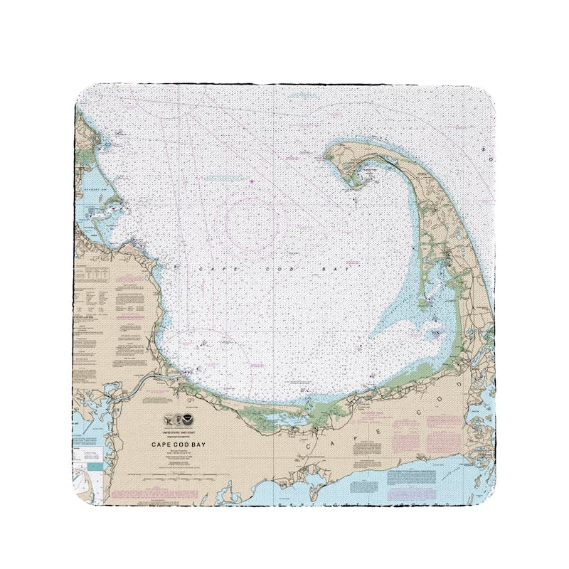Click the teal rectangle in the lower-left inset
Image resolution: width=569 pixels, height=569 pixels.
pyautogui.click(x=94, y=467)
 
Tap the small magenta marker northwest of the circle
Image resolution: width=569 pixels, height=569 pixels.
pyautogui.click(x=252, y=181)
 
